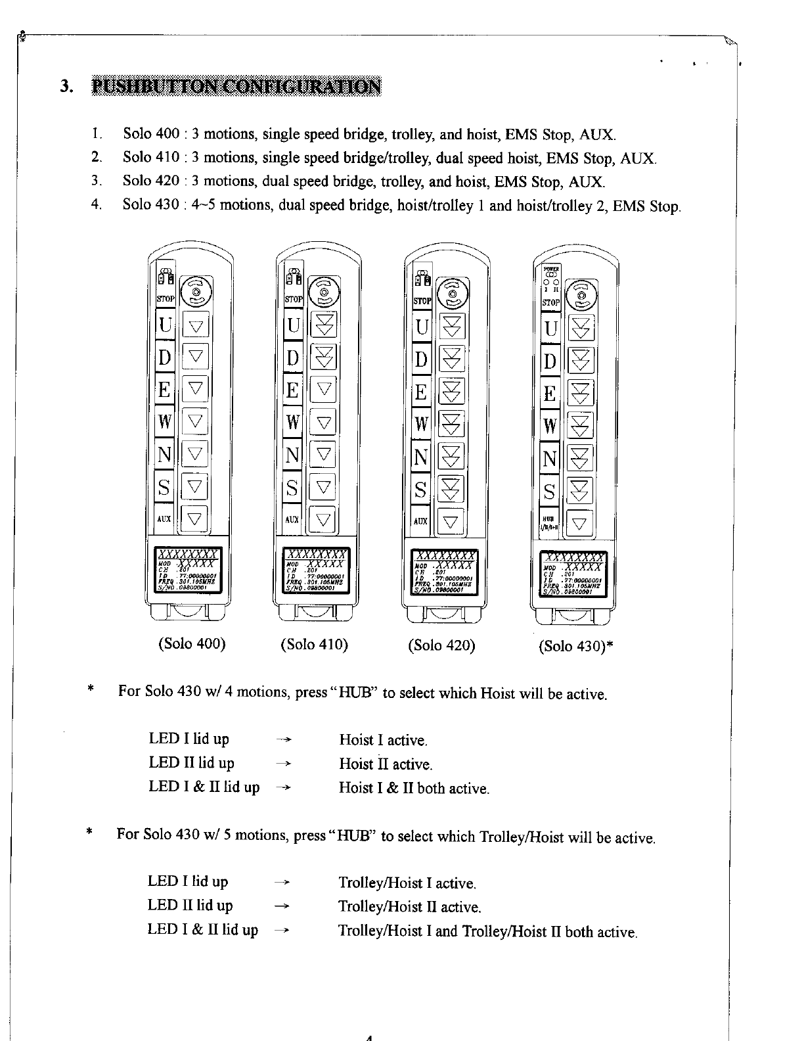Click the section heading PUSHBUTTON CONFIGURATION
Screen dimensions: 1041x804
click(236, 86)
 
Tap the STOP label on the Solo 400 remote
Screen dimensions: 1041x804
click(165, 299)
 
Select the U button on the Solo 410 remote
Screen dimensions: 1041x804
click(294, 326)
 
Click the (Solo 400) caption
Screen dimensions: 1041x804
click(192, 643)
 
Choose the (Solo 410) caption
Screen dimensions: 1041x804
click(314, 644)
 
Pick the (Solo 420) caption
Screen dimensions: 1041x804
click(441, 645)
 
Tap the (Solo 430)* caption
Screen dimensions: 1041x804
click(576, 646)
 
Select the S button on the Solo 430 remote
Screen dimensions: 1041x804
click(550, 492)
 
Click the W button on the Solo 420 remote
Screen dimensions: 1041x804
click(421, 424)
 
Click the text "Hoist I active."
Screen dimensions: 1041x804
click(383, 740)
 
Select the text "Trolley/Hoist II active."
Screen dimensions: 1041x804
click(410, 908)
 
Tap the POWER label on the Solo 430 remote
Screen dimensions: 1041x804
click(550, 268)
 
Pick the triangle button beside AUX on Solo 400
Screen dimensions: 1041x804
click(195, 519)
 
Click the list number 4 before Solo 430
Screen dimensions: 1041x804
click(97, 204)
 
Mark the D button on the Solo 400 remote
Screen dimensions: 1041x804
click(164, 358)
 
